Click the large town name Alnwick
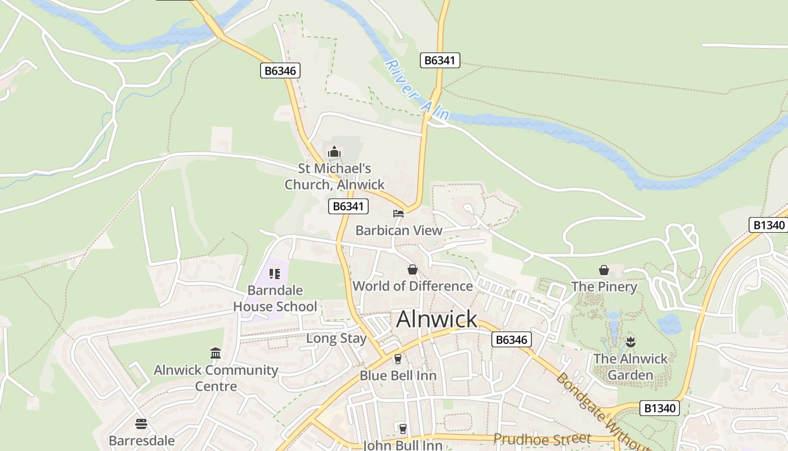(x=437, y=319)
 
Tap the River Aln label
(x=418, y=90)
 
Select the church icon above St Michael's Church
(x=334, y=152)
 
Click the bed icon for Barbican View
(x=399, y=214)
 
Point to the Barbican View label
(x=399, y=231)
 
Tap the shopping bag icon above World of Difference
(x=413, y=269)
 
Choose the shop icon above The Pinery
(x=604, y=270)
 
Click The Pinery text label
(x=604, y=287)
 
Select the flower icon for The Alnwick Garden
(x=630, y=341)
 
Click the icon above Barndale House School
(x=275, y=274)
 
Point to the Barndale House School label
(x=275, y=299)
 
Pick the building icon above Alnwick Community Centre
(x=216, y=353)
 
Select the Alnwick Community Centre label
(x=216, y=378)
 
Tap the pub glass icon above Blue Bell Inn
(x=398, y=359)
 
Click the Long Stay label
(x=336, y=339)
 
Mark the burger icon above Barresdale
(x=141, y=424)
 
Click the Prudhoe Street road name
(x=542, y=439)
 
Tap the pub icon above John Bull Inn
(x=402, y=428)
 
